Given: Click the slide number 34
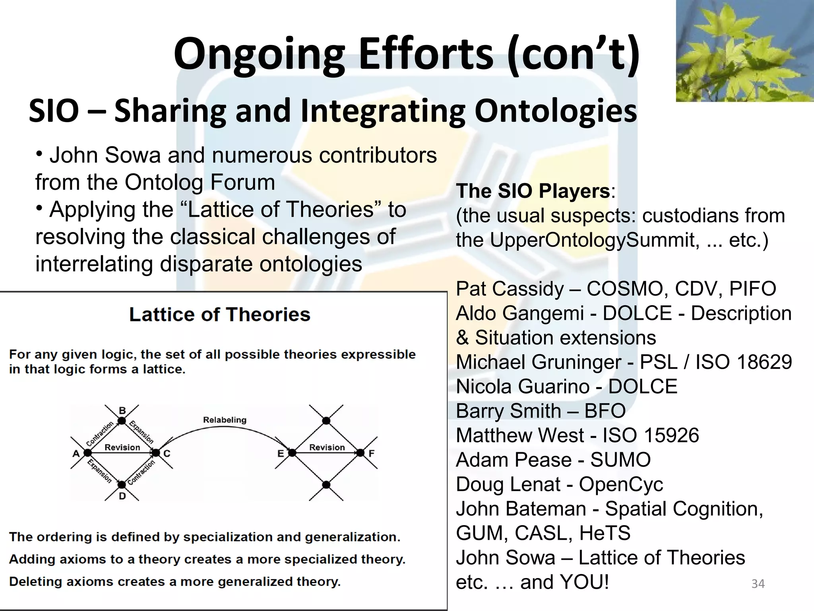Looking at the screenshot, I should [758, 584].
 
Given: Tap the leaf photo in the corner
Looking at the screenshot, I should [744, 51].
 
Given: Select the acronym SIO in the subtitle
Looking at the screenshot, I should [54, 111].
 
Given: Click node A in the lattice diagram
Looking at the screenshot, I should [88, 453].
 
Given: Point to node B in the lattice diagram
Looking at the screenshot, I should [122, 420].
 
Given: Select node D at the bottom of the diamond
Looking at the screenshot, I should [122, 485].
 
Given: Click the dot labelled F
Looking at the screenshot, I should [360, 453].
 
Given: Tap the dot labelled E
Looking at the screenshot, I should [292, 453].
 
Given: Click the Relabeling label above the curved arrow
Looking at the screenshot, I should [225, 420].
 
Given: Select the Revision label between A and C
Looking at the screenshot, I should [122, 447].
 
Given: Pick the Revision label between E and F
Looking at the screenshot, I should [327, 447].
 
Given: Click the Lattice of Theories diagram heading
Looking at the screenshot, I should [219, 315].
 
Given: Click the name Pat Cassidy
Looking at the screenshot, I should [510, 289].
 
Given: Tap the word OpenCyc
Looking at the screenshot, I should [621, 485].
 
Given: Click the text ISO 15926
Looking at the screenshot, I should [651, 435].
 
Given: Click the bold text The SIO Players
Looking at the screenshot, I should [533, 191].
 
